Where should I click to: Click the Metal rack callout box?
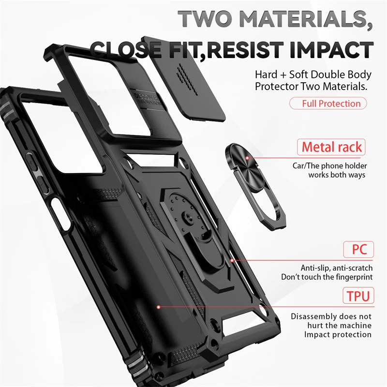(331, 147)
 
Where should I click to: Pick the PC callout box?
(358, 250)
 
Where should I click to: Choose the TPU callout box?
(358, 295)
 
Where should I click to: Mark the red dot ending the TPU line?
(159, 306)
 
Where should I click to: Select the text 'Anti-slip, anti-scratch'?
(336, 268)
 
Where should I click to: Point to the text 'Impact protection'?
(338, 334)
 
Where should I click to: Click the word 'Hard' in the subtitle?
(267, 75)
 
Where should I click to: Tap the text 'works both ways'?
(337, 175)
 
